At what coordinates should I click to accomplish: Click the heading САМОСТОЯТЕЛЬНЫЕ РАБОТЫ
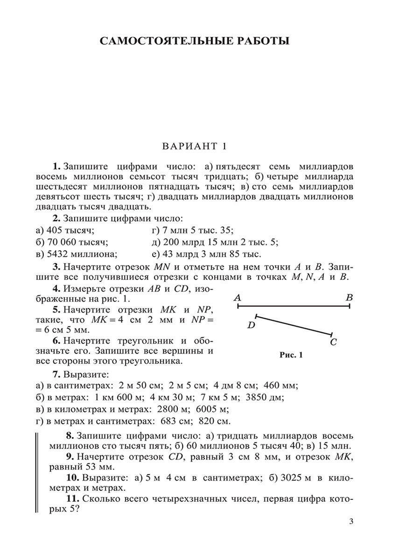coord(195,41)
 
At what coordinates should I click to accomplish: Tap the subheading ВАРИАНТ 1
coord(194,146)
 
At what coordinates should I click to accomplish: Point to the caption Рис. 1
coord(291,355)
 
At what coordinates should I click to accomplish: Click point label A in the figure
coord(237,297)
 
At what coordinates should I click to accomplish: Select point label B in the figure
coord(349,297)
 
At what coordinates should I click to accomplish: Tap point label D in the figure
coord(251,325)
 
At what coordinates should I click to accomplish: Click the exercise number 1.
coord(56,167)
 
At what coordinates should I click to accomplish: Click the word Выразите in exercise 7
coord(80,374)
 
